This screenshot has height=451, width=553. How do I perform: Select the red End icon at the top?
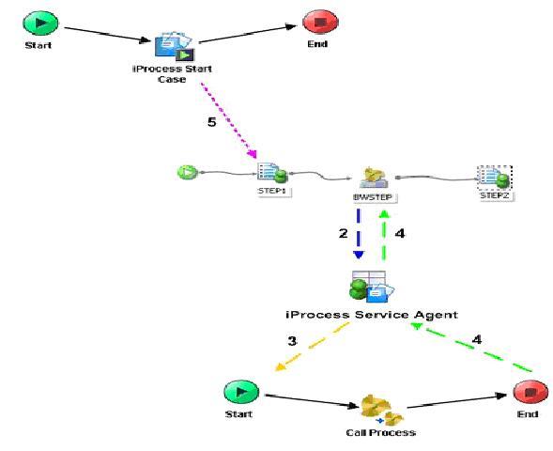[315, 22]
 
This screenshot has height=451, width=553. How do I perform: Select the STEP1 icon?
[271, 172]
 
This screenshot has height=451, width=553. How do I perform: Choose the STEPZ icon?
[492, 177]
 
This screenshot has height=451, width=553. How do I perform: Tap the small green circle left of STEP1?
[185, 172]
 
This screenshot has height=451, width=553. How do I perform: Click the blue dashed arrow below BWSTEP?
[360, 235]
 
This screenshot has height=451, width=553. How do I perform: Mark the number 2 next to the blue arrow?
[345, 232]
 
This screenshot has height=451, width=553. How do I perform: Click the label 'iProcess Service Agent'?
[370, 314]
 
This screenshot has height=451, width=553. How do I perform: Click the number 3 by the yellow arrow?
[292, 341]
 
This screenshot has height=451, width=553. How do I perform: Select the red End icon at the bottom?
[527, 393]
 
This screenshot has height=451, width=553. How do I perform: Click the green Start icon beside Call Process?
[240, 393]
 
